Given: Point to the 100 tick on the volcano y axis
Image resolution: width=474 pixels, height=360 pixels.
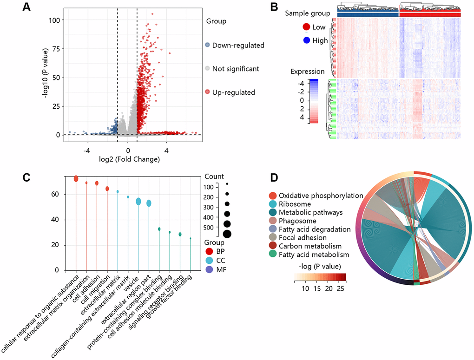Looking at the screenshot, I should pos(55,20).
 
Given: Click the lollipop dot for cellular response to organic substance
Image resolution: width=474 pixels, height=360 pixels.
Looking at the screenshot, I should pos(76,179).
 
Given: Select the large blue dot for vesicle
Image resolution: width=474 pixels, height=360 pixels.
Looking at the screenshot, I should pos(138,201).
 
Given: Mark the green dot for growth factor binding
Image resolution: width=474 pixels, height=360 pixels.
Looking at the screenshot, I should pos(191,238).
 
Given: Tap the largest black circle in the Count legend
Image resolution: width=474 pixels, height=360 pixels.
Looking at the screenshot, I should pos(227,234).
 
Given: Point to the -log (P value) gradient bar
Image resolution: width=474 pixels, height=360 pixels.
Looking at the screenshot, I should pos(320,278).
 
